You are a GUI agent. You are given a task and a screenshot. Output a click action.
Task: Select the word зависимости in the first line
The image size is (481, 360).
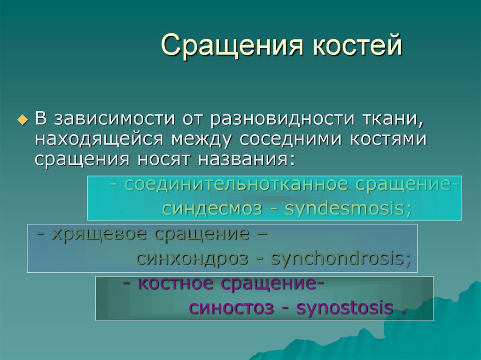coord(115,120)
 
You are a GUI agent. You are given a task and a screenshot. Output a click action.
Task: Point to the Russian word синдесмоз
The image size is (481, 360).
coord(212,208)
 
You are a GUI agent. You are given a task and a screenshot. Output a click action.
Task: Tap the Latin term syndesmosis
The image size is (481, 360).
coord(348,208)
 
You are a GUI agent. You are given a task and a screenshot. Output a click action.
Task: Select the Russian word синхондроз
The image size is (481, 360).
coord(192,258)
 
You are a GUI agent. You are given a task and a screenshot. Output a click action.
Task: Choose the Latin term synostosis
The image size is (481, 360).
coord(345,308)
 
